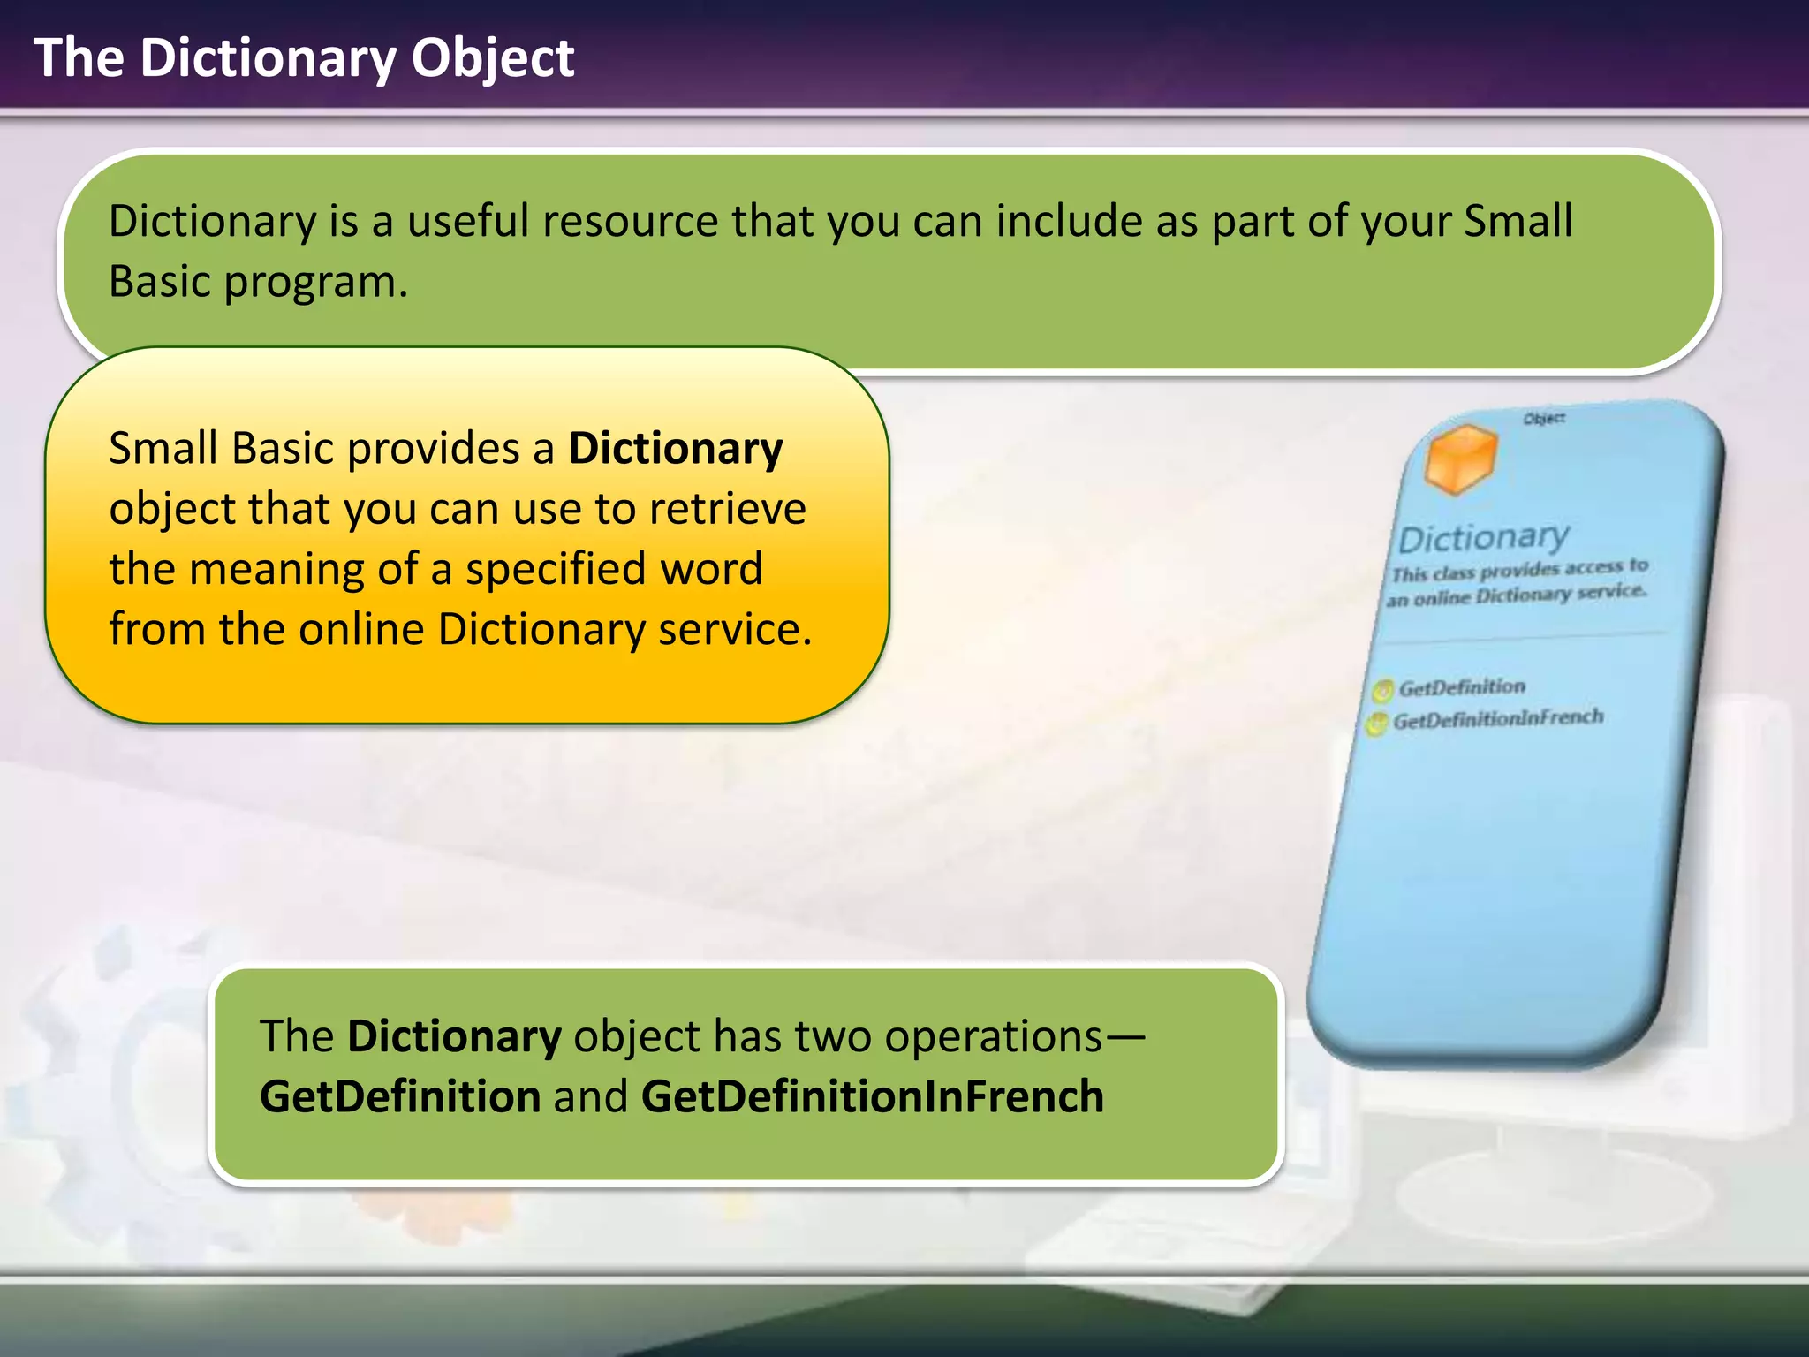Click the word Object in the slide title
[493, 58]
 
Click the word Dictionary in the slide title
[269, 58]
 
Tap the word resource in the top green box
[630, 221]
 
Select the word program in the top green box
[315, 282]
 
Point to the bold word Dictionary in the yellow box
[675, 448]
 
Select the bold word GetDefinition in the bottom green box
[400, 1096]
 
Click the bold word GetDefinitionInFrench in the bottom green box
[872, 1096]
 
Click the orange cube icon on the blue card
[1461, 458]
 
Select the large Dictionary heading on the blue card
[1484, 536]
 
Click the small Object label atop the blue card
[1544, 418]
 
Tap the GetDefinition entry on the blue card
[1462, 687]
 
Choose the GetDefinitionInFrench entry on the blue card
[1498, 718]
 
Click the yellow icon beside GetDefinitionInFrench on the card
[1376, 724]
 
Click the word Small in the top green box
[1518, 221]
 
